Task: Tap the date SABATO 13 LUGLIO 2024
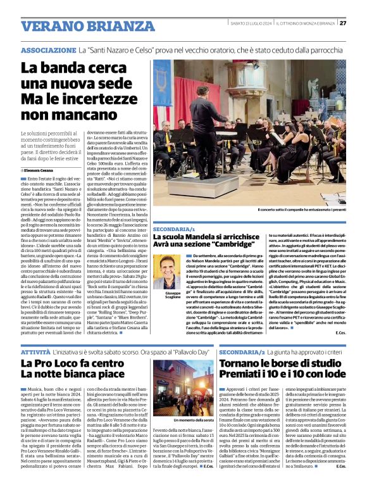(x=251, y=23)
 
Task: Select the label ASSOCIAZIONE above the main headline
(x=48, y=49)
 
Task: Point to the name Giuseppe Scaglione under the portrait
(x=166, y=298)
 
